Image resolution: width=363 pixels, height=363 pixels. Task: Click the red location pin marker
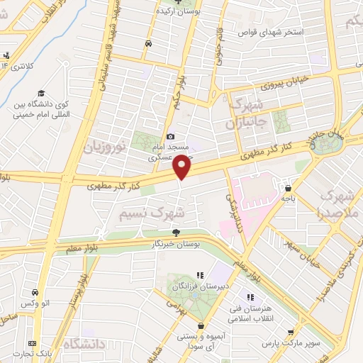(x=181, y=167)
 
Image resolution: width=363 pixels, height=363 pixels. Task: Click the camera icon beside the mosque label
(x=170, y=137)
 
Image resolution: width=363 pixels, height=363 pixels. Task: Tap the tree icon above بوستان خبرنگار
(x=176, y=233)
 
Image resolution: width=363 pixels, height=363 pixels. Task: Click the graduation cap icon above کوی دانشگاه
(x=42, y=94)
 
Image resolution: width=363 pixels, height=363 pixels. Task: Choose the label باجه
(x=288, y=199)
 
